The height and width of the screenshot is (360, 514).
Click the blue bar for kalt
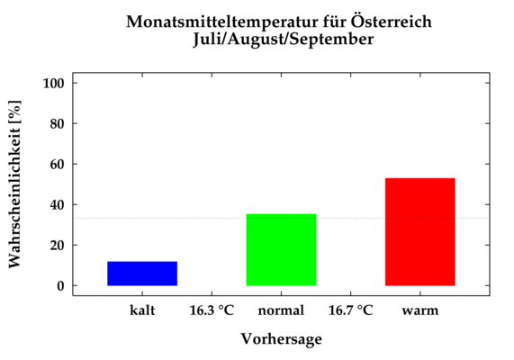click(x=142, y=274)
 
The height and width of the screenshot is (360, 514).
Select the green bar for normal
click(x=281, y=250)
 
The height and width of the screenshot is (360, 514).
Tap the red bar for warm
click(x=420, y=232)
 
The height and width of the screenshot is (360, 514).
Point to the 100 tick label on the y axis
click(x=53, y=84)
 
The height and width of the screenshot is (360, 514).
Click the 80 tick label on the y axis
click(x=57, y=123)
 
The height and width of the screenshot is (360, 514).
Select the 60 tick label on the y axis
click(x=57, y=165)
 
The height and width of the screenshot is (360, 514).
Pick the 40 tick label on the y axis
click(x=57, y=204)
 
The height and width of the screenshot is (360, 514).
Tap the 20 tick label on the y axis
click(x=57, y=245)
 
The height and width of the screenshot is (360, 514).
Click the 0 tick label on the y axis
click(x=60, y=286)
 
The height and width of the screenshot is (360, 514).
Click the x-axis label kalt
click(x=142, y=310)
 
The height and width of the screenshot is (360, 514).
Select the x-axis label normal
click(x=281, y=310)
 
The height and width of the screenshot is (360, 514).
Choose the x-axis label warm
click(x=420, y=310)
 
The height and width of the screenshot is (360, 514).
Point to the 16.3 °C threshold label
click(x=212, y=310)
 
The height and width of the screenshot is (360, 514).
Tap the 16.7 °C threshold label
click(x=351, y=310)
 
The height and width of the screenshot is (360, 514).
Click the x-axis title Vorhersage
click(x=282, y=339)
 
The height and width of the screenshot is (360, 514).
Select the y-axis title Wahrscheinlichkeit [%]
click(x=14, y=184)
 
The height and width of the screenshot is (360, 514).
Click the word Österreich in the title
click(x=392, y=22)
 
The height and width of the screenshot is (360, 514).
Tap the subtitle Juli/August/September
click(x=284, y=40)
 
